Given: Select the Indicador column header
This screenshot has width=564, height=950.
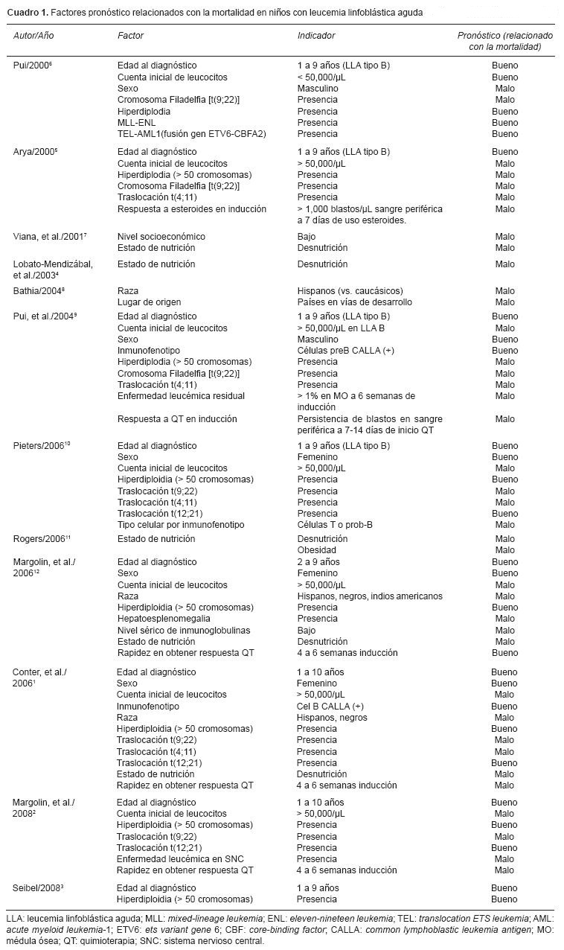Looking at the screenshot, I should click(x=316, y=36).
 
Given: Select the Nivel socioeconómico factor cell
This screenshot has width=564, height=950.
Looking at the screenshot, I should click(x=161, y=237).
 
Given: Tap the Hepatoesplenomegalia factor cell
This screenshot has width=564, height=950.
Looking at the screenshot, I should click(x=163, y=619).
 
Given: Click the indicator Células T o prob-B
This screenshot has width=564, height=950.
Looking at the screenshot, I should click(x=339, y=525).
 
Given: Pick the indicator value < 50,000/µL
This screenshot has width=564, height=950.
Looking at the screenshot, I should click(x=321, y=77).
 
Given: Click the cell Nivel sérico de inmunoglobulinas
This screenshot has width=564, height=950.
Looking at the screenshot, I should click(x=183, y=631).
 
